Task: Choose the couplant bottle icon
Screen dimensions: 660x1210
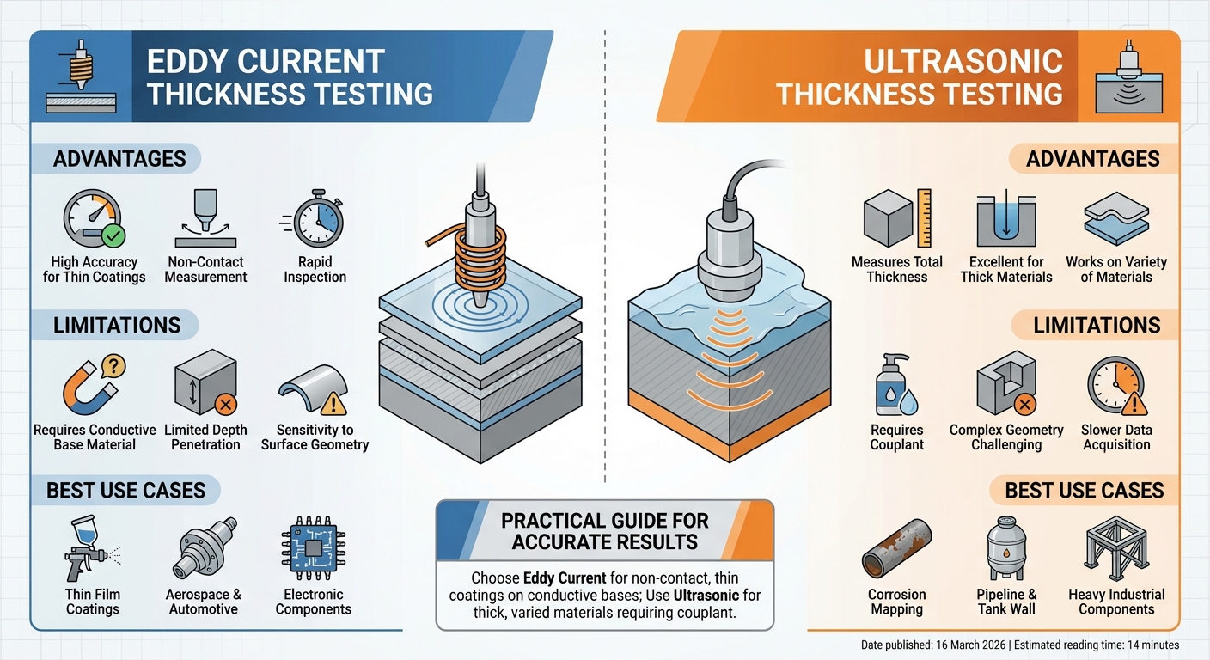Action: pos(896,388)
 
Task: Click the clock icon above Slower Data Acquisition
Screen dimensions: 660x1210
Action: pos(1115,387)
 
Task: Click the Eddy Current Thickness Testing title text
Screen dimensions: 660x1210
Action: pos(290,77)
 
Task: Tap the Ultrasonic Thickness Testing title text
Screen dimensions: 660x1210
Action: pos(920,77)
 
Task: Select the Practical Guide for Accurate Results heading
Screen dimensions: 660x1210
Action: pos(604,531)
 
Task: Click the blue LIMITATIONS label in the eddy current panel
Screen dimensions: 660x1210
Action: pos(117,325)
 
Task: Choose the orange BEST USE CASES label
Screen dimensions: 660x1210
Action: pos(1085,491)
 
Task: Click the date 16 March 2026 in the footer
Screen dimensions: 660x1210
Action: pos(964,645)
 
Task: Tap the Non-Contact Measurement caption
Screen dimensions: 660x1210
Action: pos(205,269)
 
